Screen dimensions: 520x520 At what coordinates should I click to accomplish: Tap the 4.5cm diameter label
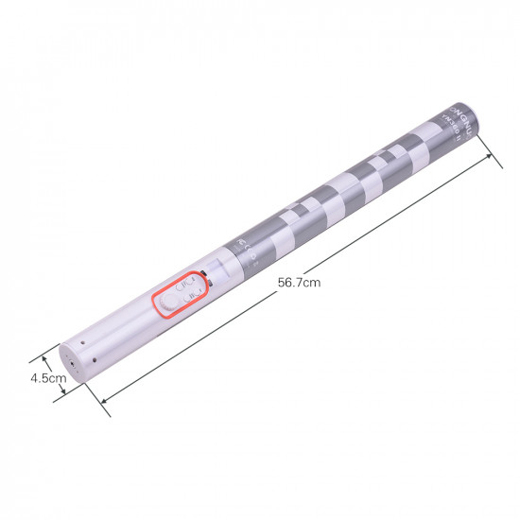(46, 378)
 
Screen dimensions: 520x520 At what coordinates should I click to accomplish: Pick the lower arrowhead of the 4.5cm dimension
(61, 391)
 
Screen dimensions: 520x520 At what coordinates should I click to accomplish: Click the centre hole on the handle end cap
(67, 360)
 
